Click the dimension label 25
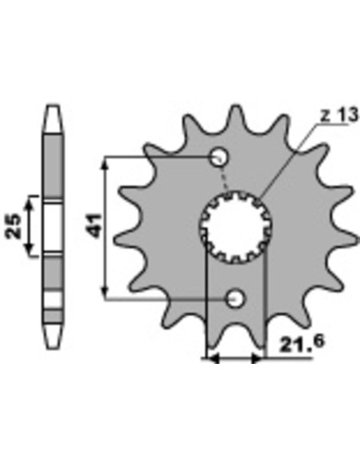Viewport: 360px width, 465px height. pyautogui.click(x=14, y=226)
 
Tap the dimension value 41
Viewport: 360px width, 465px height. pyautogui.click(x=96, y=225)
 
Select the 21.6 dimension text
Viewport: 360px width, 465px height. pyautogui.click(x=302, y=343)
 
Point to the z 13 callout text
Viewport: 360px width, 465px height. pyautogui.click(x=340, y=115)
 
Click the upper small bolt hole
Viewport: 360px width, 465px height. pyautogui.click(x=220, y=156)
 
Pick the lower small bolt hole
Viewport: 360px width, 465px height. pyautogui.click(x=236, y=299)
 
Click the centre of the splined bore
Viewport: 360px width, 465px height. pyautogui.click(x=236, y=227)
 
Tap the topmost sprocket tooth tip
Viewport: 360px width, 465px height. pyautogui.click(x=236, y=106)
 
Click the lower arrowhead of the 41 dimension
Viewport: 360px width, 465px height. pyautogui.click(x=104, y=292)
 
